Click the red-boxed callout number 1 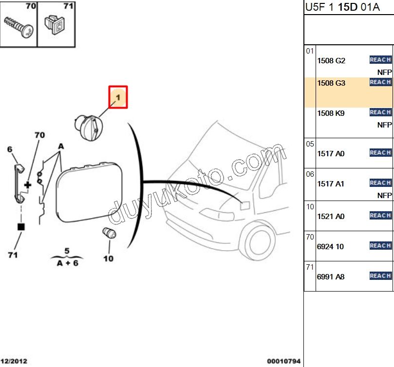point(117,97)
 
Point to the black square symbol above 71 point(21,227)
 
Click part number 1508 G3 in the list point(331,83)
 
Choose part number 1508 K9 point(331,113)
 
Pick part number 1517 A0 point(331,154)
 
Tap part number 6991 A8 point(331,276)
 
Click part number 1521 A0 point(331,216)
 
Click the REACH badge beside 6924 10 point(380,245)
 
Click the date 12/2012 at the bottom point(14,362)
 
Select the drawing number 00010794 point(283,362)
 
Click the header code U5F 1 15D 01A point(336,7)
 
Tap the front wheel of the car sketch point(255,241)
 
